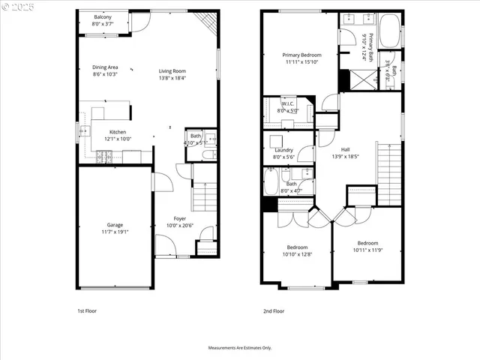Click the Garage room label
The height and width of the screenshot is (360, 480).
pyautogui.click(x=115, y=225)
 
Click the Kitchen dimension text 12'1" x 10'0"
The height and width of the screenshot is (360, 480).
pyautogui.click(x=116, y=139)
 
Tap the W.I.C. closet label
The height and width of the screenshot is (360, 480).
pyautogui.click(x=287, y=103)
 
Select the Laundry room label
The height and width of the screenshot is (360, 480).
pyautogui.click(x=283, y=150)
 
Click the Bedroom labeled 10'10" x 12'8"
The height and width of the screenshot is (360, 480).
pyautogui.click(x=298, y=247)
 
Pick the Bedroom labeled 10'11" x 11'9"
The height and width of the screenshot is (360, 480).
pyautogui.click(x=367, y=243)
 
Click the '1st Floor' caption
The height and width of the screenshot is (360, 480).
pyautogui.click(x=87, y=310)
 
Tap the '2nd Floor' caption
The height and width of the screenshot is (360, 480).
pyautogui.click(x=274, y=310)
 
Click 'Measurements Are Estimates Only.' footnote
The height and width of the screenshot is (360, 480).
pyautogui.click(x=240, y=348)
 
